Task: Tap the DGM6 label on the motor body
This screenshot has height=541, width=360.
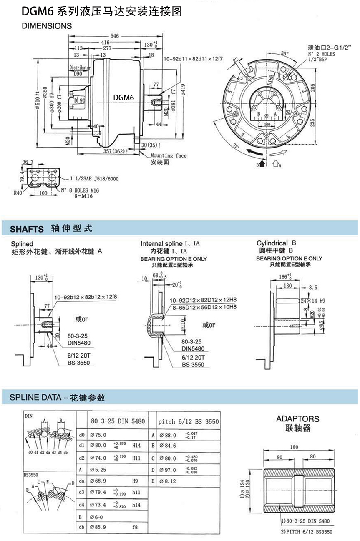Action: click(123, 98)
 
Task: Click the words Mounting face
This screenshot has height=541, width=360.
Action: click(169, 155)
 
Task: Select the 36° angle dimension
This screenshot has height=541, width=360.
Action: click(284, 54)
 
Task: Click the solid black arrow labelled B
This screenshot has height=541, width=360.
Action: click(262, 163)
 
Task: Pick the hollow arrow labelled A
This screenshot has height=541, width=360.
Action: click(276, 163)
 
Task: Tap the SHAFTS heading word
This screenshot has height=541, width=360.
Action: click(27, 229)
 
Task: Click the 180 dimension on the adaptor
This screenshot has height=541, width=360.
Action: click(294, 447)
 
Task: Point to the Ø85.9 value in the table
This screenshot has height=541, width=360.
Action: click(98, 528)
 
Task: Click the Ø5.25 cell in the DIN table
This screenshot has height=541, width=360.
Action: click(98, 469)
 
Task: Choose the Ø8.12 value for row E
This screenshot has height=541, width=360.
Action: click(168, 481)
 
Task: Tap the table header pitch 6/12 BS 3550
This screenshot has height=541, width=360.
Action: click(188, 422)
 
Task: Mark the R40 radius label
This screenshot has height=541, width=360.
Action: click(18, 193)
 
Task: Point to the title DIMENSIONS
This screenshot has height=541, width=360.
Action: click(47, 26)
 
